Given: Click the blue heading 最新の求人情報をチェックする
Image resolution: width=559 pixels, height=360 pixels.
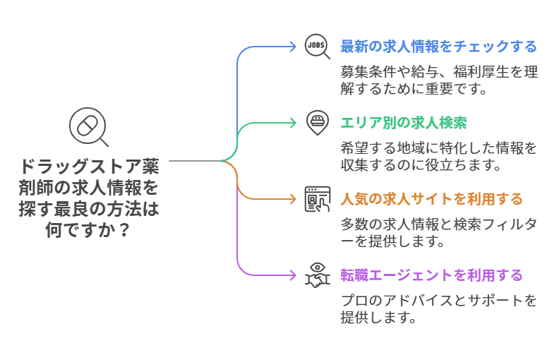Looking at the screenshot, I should tap(438, 47).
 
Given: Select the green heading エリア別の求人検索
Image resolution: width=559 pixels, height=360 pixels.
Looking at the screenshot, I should tap(403, 123).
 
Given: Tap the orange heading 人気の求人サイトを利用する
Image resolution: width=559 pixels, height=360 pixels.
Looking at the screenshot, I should tap(431, 198).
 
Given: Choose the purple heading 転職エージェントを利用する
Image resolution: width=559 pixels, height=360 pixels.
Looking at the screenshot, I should tap(431, 275).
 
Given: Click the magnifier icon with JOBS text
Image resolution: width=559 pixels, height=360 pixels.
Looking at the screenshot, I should tap(317, 47).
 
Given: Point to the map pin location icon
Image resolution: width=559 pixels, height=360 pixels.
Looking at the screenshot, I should tap(317, 122).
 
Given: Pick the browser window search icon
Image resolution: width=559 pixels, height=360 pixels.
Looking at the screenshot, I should tap(317, 198).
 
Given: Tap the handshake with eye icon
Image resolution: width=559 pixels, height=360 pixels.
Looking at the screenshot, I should tap(317, 275).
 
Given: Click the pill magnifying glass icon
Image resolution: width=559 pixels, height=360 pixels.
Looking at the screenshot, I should tap(88, 127).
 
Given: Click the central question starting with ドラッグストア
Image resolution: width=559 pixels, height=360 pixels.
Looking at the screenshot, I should tap(88, 199).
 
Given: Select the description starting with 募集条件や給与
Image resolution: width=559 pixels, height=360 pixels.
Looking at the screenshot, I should tap(438, 80).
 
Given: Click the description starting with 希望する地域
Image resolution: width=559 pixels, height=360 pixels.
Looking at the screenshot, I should tap(438, 157).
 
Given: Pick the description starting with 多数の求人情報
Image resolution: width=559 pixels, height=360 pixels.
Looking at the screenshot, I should tap(438, 232).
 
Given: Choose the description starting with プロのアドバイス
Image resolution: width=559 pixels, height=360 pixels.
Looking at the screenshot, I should tap(438, 308).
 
